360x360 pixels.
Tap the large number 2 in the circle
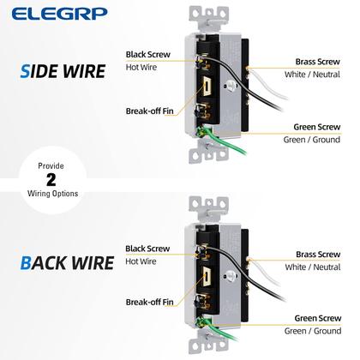point(51,180)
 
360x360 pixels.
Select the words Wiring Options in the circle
point(52,194)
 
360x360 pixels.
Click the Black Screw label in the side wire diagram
point(147,54)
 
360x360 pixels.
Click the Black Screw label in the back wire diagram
point(147,248)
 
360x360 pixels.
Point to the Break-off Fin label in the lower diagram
point(148,302)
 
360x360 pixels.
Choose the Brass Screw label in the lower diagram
point(318,255)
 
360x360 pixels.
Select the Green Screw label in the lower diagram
point(318,318)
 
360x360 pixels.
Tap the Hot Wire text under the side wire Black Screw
point(142,67)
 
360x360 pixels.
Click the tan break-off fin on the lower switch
point(209,277)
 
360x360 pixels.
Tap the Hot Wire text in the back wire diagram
point(142,261)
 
